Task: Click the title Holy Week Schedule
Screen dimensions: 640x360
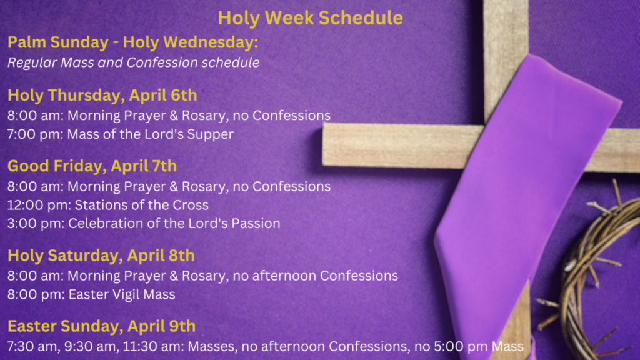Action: tap(310, 18)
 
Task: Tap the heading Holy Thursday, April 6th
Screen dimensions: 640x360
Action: tap(102, 96)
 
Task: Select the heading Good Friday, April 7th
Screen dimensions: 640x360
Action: tap(92, 166)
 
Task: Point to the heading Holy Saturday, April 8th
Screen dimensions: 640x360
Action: tap(101, 256)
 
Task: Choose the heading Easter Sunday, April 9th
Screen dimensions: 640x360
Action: tap(101, 326)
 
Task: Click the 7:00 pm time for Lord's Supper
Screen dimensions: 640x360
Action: tap(35, 134)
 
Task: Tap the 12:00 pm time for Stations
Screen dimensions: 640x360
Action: tap(39, 205)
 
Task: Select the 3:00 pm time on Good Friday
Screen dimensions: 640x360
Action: tap(36, 224)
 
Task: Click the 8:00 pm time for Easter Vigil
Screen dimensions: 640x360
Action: tap(36, 295)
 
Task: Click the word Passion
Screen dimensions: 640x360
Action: tap(256, 224)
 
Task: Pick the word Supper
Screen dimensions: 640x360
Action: tap(210, 135)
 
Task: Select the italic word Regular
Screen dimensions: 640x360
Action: tap(32, 63)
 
